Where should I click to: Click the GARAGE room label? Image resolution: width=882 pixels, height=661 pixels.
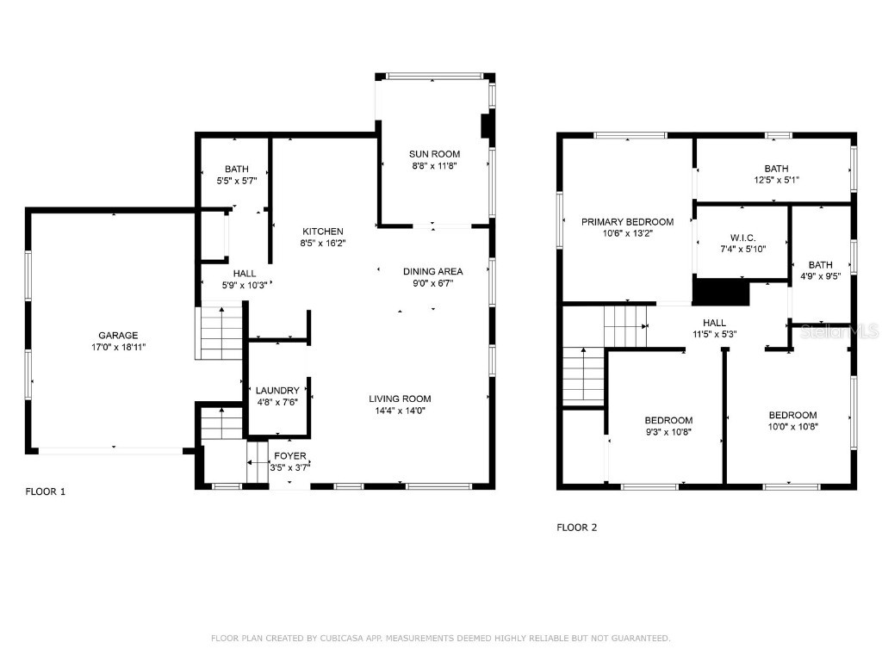[117, 336]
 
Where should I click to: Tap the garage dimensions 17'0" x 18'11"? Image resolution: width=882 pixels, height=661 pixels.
[117, 347]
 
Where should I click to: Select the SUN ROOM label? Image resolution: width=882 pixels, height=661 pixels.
[434, 154]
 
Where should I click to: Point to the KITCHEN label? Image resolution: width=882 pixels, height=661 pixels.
[323, 232]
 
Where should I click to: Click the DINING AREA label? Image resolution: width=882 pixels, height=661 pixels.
[433, 271]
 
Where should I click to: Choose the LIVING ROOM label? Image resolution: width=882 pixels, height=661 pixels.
[400, 398]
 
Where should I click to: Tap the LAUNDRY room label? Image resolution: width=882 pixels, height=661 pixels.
[277, 390]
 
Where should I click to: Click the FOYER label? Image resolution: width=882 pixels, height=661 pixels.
[289, 456]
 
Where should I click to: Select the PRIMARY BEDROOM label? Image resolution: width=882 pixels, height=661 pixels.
[627, 221]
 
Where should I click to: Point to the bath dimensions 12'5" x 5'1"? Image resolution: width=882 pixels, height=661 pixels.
[775, 181]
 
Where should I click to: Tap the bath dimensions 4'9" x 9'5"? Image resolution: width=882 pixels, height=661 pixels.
[820, 277]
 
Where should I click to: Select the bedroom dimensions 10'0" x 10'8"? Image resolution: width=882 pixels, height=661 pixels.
[792, 426]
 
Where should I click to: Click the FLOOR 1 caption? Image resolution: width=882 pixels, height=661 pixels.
[45, 492]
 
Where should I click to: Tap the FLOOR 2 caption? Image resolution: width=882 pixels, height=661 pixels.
[576, 528]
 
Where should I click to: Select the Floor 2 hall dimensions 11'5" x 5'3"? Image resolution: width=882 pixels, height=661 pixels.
[712, 334]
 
